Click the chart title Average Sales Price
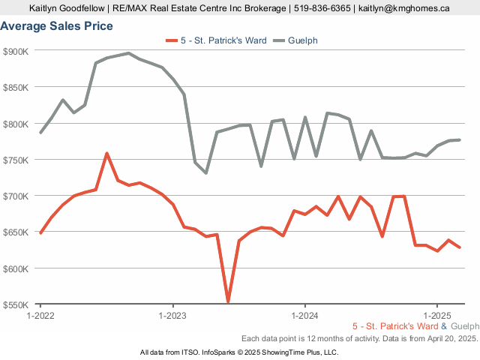click(x=57, y=26)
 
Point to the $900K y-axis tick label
click(x=16, y=51)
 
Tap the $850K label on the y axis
click(x=16, y=87)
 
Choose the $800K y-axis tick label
click(x=16, y=124)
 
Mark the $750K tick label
click(x=16, y=160)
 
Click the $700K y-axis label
click(x=16, y=196)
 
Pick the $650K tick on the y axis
click(x=16, y=232)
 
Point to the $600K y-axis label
click(x=16, y=268)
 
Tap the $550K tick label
click(x=16, y=304)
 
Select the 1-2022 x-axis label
click(x=40, y=316)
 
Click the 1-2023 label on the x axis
click(x=173, y=316)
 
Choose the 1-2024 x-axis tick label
click(x=305, y=316)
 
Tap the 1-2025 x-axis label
click(x=437, y=316)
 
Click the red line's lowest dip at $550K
click(x=228, y=302)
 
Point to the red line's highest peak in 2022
click(x=106, y=154)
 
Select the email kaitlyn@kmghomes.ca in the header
click(x=403, y=8)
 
